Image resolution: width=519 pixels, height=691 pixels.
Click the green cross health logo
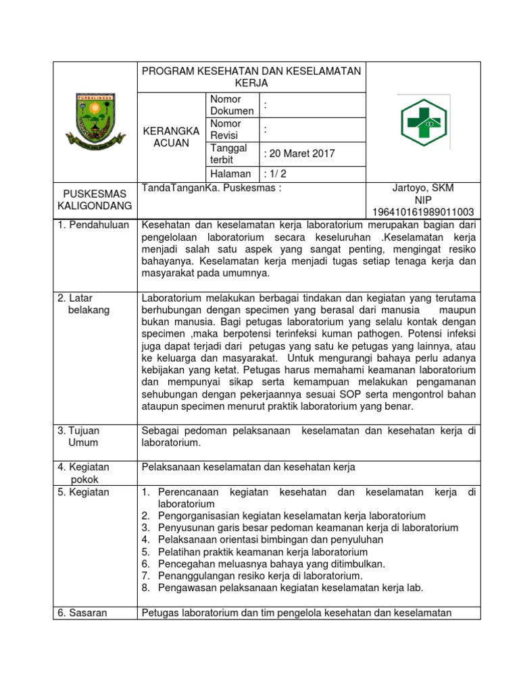[423, 122]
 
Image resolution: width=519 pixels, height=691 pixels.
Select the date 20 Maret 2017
[300, 154]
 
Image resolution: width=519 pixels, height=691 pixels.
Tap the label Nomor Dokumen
[232, 105]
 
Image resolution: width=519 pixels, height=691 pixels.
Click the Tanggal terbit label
[228, 154]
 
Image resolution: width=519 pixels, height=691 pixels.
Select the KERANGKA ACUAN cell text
[172, 137]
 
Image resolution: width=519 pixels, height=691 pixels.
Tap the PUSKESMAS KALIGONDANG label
[95, 200]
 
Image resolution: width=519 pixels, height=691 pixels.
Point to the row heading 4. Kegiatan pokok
[84, 473]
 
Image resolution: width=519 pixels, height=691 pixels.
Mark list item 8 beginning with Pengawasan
[290, 588]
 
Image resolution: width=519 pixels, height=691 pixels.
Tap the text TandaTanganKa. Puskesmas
[211, 188]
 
